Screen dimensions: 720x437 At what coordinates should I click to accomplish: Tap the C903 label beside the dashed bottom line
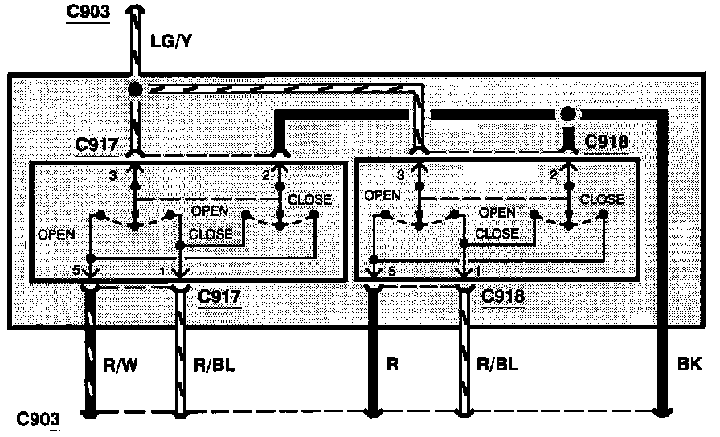(x=38, y=418)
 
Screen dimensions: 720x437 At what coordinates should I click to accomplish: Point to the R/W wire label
(x=121, y=364)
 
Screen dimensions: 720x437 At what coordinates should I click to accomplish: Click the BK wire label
(x=689, y=364)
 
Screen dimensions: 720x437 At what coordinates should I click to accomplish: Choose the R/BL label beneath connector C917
(x=214, y=364)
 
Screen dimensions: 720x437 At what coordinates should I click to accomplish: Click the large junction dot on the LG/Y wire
(x=136, y=88)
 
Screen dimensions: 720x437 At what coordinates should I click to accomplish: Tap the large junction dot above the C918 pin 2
(x=568, y=114)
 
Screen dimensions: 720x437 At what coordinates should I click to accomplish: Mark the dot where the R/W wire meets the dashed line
(x=90, y=415)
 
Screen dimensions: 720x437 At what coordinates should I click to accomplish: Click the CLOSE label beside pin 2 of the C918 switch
(x=602, y=199)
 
